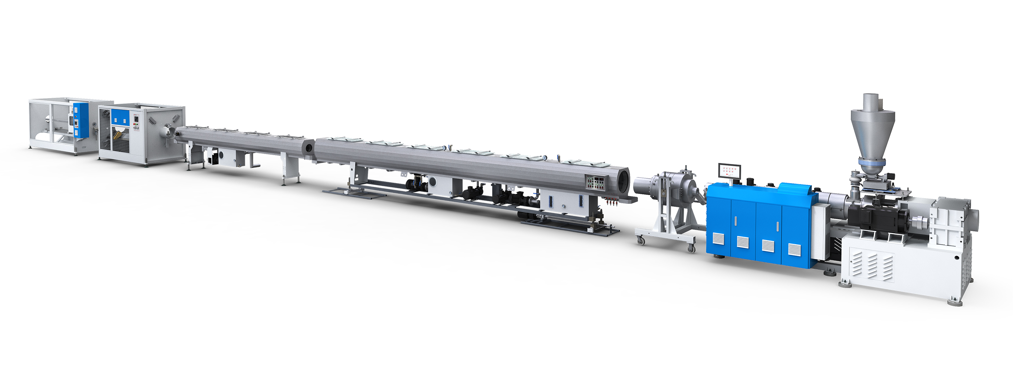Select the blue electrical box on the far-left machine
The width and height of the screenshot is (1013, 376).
point(81,120)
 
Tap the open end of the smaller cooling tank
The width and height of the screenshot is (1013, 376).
point(309,148)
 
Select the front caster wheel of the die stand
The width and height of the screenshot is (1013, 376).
point(641,241)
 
